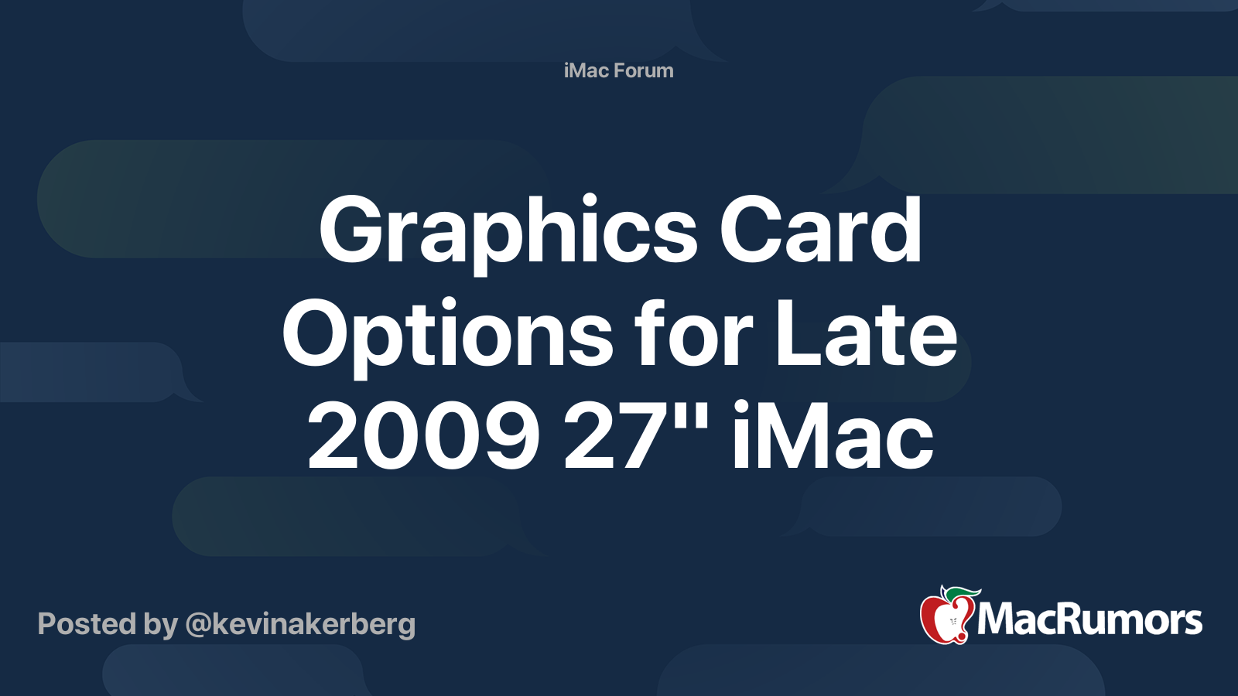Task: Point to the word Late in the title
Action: (x=866, y=334)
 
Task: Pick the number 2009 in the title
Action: (x=423, y=437)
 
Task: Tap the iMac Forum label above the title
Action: (x=618, y=70)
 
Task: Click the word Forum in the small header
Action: (x=643, y=70)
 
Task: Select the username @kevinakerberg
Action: (x=300, y=624)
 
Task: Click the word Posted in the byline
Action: (x=87, y=624)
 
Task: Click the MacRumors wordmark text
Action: (x=1089, y=619)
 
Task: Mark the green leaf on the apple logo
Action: (x=963, y=594)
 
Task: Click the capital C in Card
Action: (x=747, y=230)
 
